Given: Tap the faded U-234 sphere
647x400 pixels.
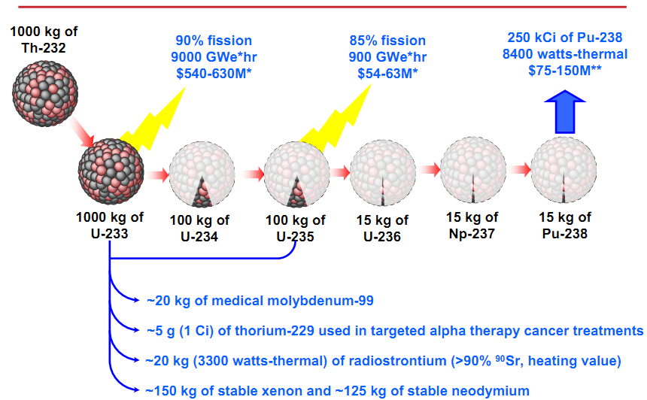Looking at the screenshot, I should point(201,173).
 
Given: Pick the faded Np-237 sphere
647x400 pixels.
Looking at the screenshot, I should point(472,171).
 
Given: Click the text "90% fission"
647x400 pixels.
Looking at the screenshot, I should point(214,41).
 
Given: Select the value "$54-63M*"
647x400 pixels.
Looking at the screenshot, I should point(387,72).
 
